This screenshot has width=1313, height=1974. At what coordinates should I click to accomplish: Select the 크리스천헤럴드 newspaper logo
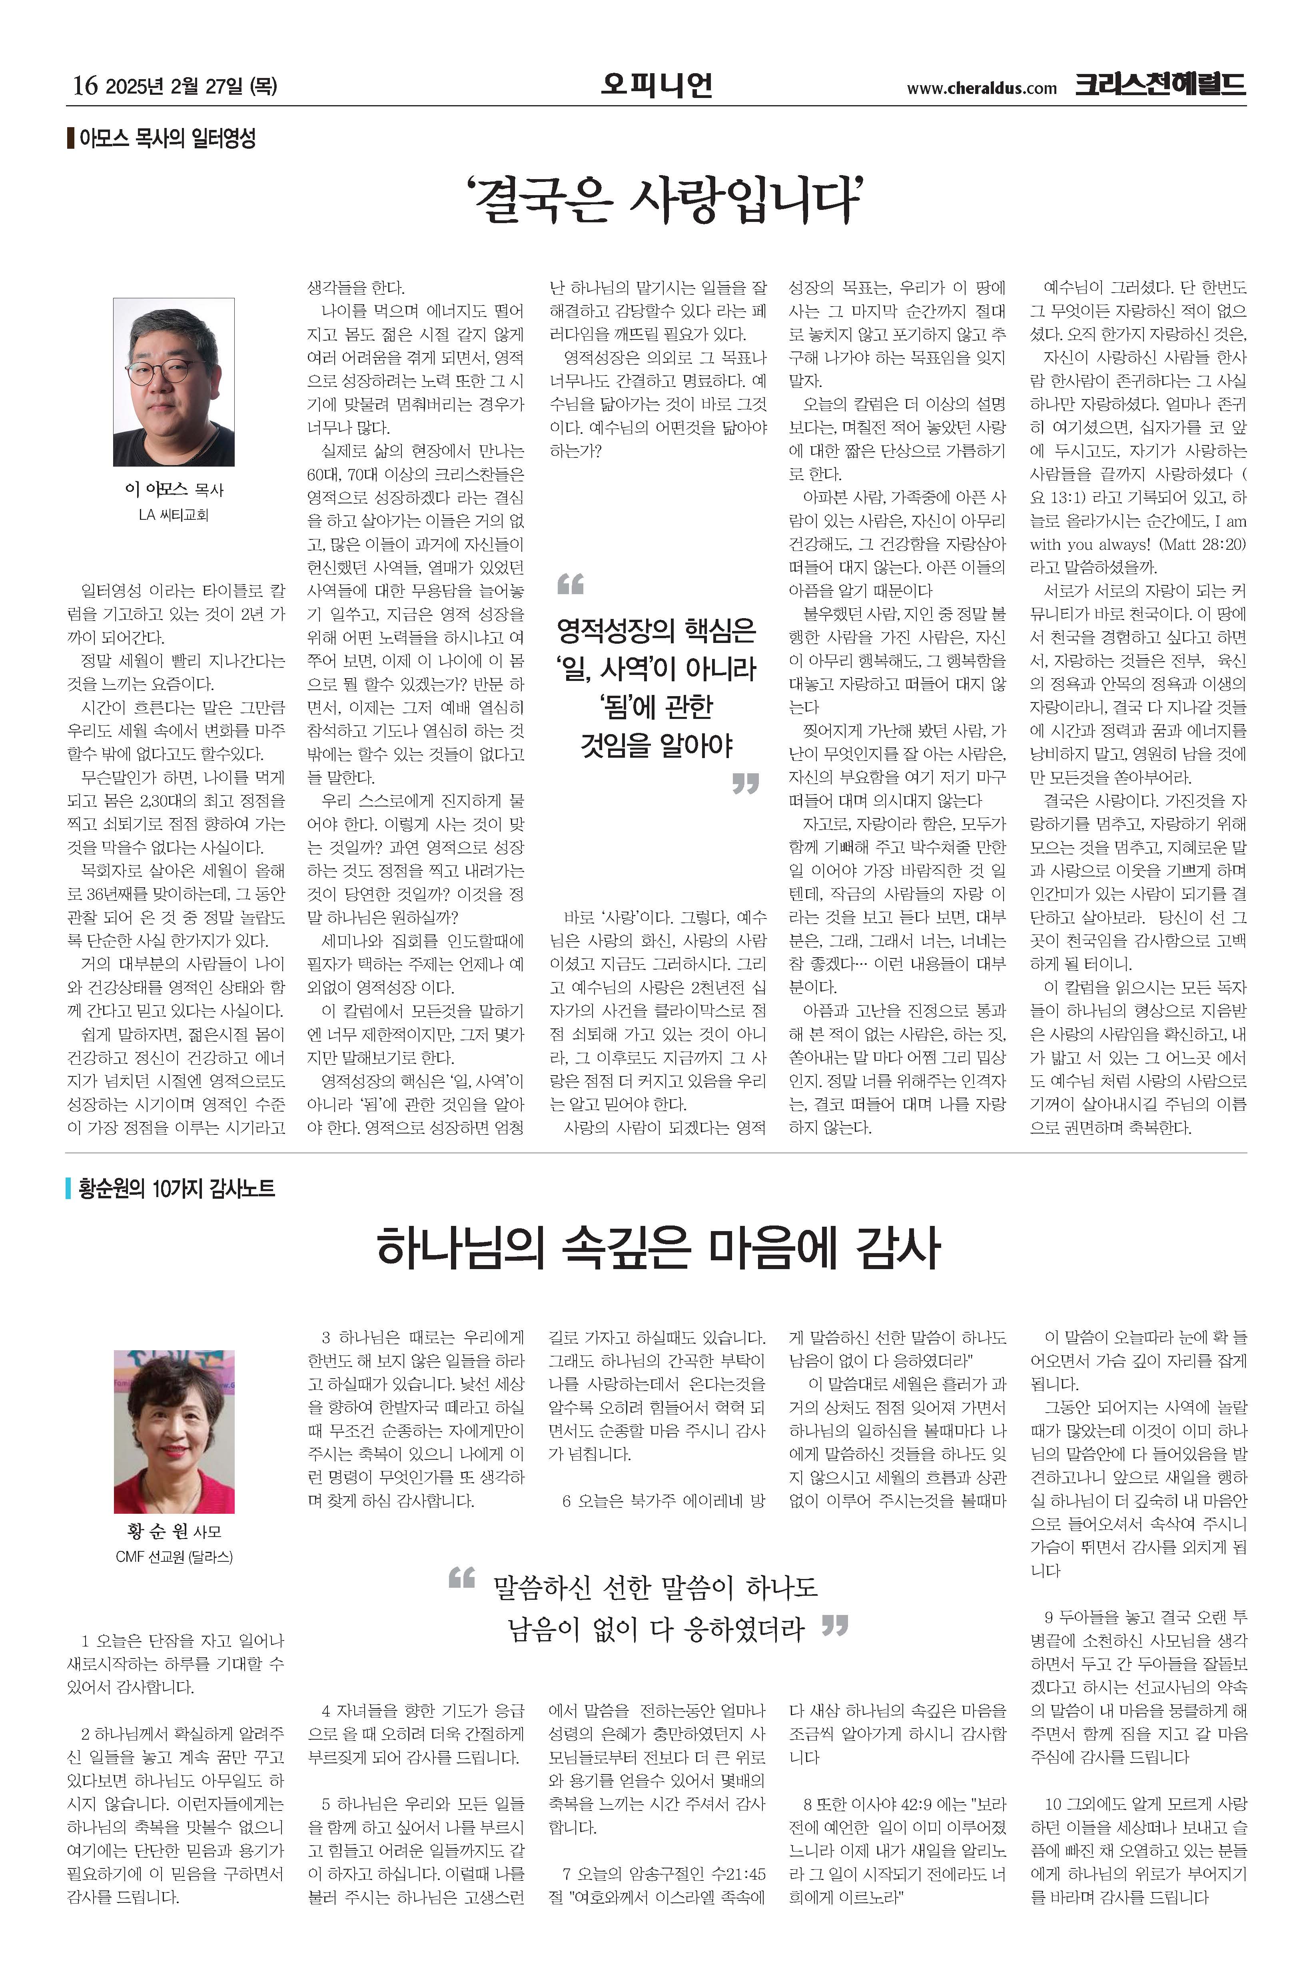(1161, 84)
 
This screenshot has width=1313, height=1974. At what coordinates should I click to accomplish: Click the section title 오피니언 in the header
(656, 84)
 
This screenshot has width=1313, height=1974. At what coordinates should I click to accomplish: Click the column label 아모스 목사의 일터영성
(168, 138)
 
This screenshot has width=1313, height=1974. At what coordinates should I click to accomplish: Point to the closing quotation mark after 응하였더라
(835, 1625)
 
